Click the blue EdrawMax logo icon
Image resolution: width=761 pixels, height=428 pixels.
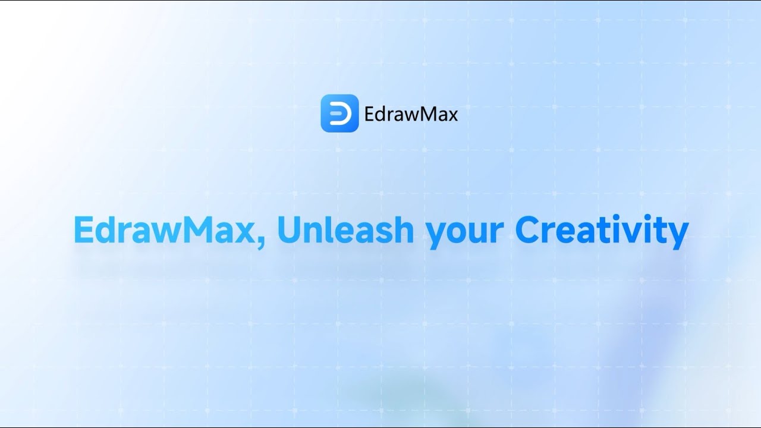pos(339,113)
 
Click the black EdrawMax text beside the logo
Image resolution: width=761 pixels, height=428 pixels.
pos(411,114)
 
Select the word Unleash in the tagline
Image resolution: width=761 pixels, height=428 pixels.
pos(346,229)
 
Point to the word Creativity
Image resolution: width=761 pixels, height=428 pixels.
pos(602,232)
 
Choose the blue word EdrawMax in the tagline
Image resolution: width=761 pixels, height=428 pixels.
pos(165,229)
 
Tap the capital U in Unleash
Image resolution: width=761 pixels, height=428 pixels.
pos(290,230)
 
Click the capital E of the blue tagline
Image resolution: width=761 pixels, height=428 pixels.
pos(84,230)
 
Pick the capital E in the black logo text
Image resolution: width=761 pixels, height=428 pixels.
pos(369,114)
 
